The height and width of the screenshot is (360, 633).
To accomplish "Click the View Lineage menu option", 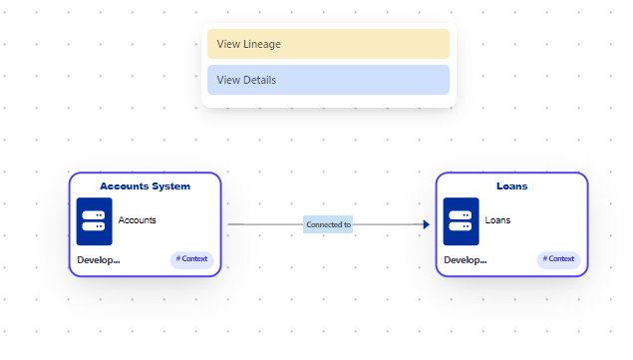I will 328,44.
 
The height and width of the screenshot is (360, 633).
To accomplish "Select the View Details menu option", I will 328,80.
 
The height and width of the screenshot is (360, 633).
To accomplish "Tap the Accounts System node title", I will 145,185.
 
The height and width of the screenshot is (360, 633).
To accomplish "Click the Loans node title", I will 511,185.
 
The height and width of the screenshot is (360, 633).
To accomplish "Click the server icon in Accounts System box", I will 95,220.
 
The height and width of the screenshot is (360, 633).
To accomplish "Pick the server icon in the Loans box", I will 462,220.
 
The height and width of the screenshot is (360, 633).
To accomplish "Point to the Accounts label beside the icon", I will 138,220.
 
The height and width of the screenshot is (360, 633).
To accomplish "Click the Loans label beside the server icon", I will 497,220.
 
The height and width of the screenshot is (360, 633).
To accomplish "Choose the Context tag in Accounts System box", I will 191,259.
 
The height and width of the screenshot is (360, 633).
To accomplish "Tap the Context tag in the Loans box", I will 558,259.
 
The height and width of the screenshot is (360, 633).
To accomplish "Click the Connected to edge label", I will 328,225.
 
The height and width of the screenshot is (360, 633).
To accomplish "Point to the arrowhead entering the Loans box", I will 426,225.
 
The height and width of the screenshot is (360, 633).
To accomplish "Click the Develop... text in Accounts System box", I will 99,260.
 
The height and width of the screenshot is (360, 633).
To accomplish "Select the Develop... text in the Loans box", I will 466,260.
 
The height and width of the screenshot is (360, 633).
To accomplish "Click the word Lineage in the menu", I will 261,44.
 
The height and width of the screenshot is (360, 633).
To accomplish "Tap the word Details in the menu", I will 259,80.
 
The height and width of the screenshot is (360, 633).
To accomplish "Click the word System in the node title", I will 170,185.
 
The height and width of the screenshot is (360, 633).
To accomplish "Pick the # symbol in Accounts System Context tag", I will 178,259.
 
